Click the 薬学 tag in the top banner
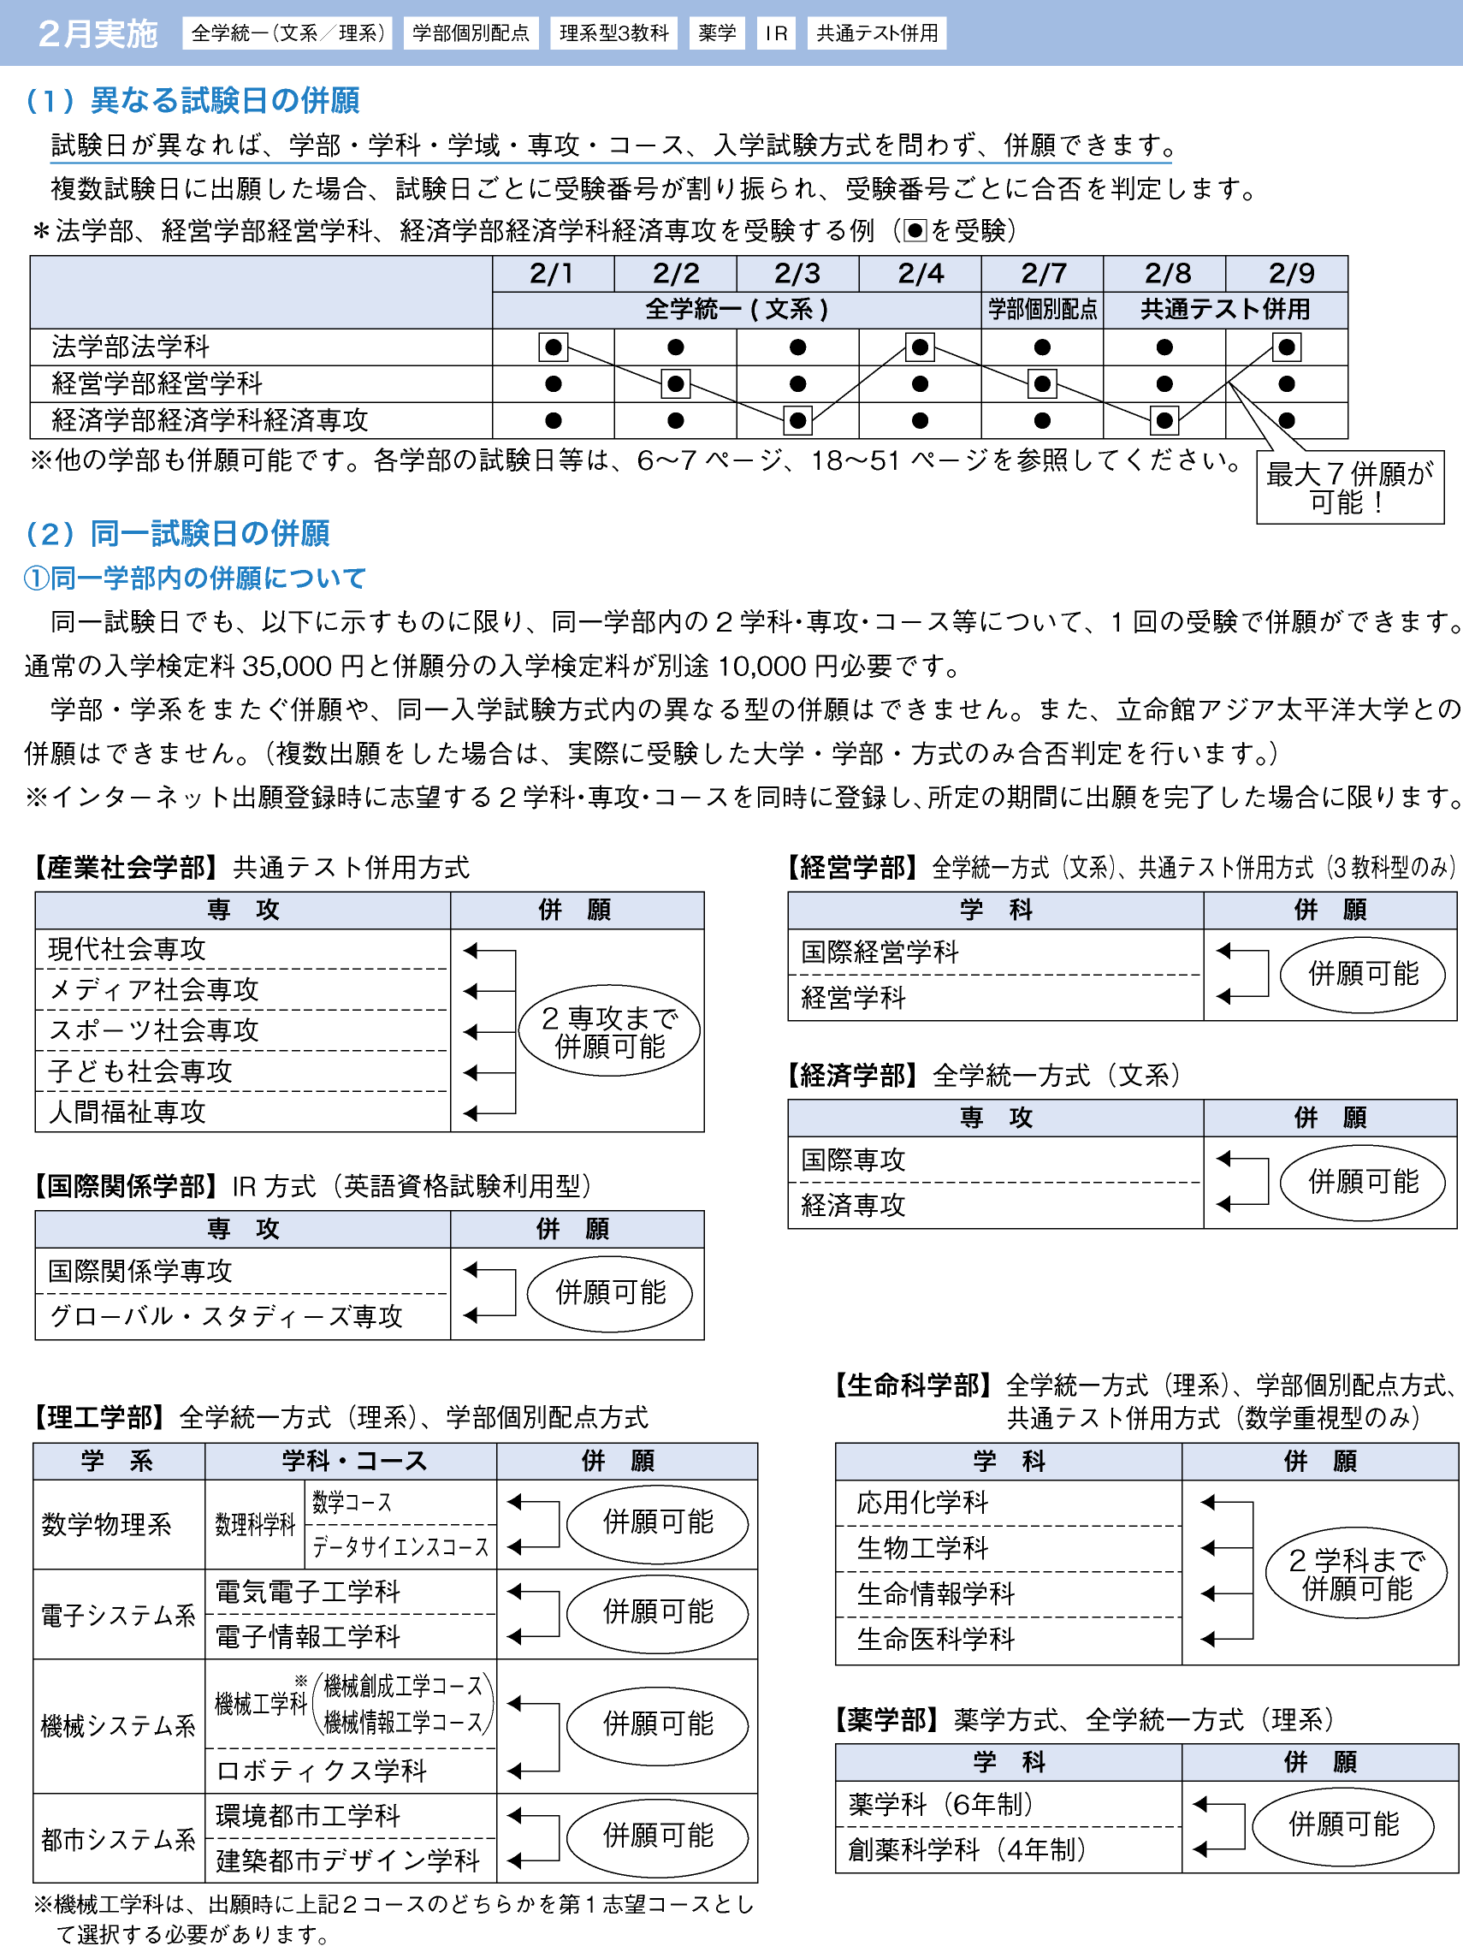pos(716,33)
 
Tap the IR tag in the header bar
pos(775,33)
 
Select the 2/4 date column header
pos(920,274)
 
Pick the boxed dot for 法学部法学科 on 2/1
pos(554,347)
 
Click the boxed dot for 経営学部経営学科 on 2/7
pos(1042,384)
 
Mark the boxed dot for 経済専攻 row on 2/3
pos(797,420)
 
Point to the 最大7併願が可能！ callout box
pos(1349,488)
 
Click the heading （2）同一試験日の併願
pos(178,534)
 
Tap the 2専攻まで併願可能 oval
pos(609,1031)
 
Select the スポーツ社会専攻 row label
pos(154,1030)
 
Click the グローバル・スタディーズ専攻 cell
pos(226,1316)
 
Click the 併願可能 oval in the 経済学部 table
pos(1362,1182)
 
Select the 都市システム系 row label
pos(119,1839)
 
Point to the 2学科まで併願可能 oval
pos(1356,1573)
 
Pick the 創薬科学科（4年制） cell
pos(967,1849)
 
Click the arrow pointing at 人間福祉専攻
pos(471,1112)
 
